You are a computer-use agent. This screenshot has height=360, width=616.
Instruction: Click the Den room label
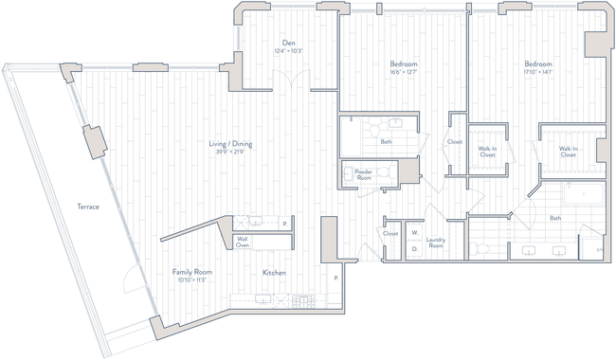pyautogui.click(x=292, y=47)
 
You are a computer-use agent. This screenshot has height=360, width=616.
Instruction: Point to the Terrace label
pyautogui.click(x=87, y=207)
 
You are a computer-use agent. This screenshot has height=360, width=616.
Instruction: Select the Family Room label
pyautogui.click(x=190, y=275)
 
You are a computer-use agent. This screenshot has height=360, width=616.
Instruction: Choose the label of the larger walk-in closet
pyautogui.click(x=568, y=151)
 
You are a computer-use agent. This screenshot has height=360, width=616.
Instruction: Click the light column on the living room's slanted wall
pyautogui.click(x=96, y=141)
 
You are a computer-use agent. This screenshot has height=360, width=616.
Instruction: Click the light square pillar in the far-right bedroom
pyautogui.click(x=595, y=45)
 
